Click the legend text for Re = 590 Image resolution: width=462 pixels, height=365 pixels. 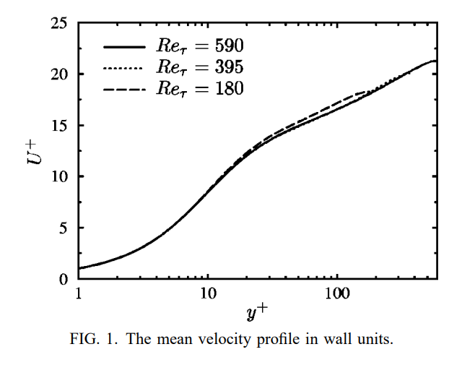click(x=200, y=46)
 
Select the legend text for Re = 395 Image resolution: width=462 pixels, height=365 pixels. click(x=200, y=67)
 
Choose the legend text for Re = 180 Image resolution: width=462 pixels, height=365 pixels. click(x=200, y=88)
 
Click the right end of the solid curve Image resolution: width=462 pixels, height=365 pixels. click(x=435, y=61)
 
